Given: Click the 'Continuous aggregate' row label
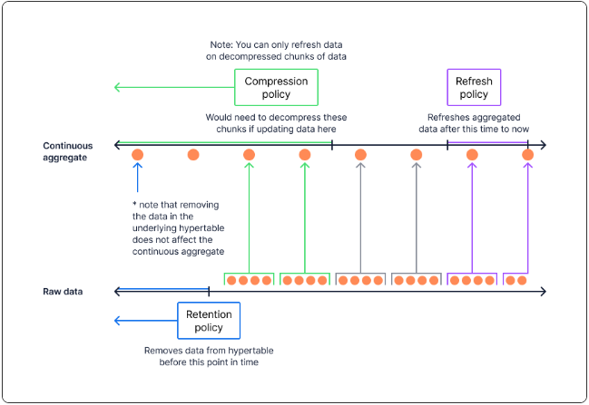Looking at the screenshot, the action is click(68, 151).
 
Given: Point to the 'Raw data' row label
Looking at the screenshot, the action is click(63, 292).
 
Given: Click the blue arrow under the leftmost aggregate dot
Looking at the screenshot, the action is click(137, 178).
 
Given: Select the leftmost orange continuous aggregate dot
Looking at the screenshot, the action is click(137, 155).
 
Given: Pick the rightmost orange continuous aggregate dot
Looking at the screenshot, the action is click(528, 155).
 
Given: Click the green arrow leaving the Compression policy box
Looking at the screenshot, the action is click(174, 87).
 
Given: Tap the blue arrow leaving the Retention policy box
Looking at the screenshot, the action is click(146, 321).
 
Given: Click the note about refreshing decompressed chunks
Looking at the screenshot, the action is click(276, 51).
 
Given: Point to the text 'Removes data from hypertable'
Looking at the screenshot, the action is click(209, 351).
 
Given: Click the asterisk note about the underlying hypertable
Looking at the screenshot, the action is click(178, 228).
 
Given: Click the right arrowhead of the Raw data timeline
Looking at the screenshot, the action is click(544, 292).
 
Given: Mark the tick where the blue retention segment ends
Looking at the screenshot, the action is click(209, 292).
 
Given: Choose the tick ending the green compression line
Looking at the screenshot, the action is click(332, 145).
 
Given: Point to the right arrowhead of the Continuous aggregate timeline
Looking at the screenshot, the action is click(544, 145).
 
